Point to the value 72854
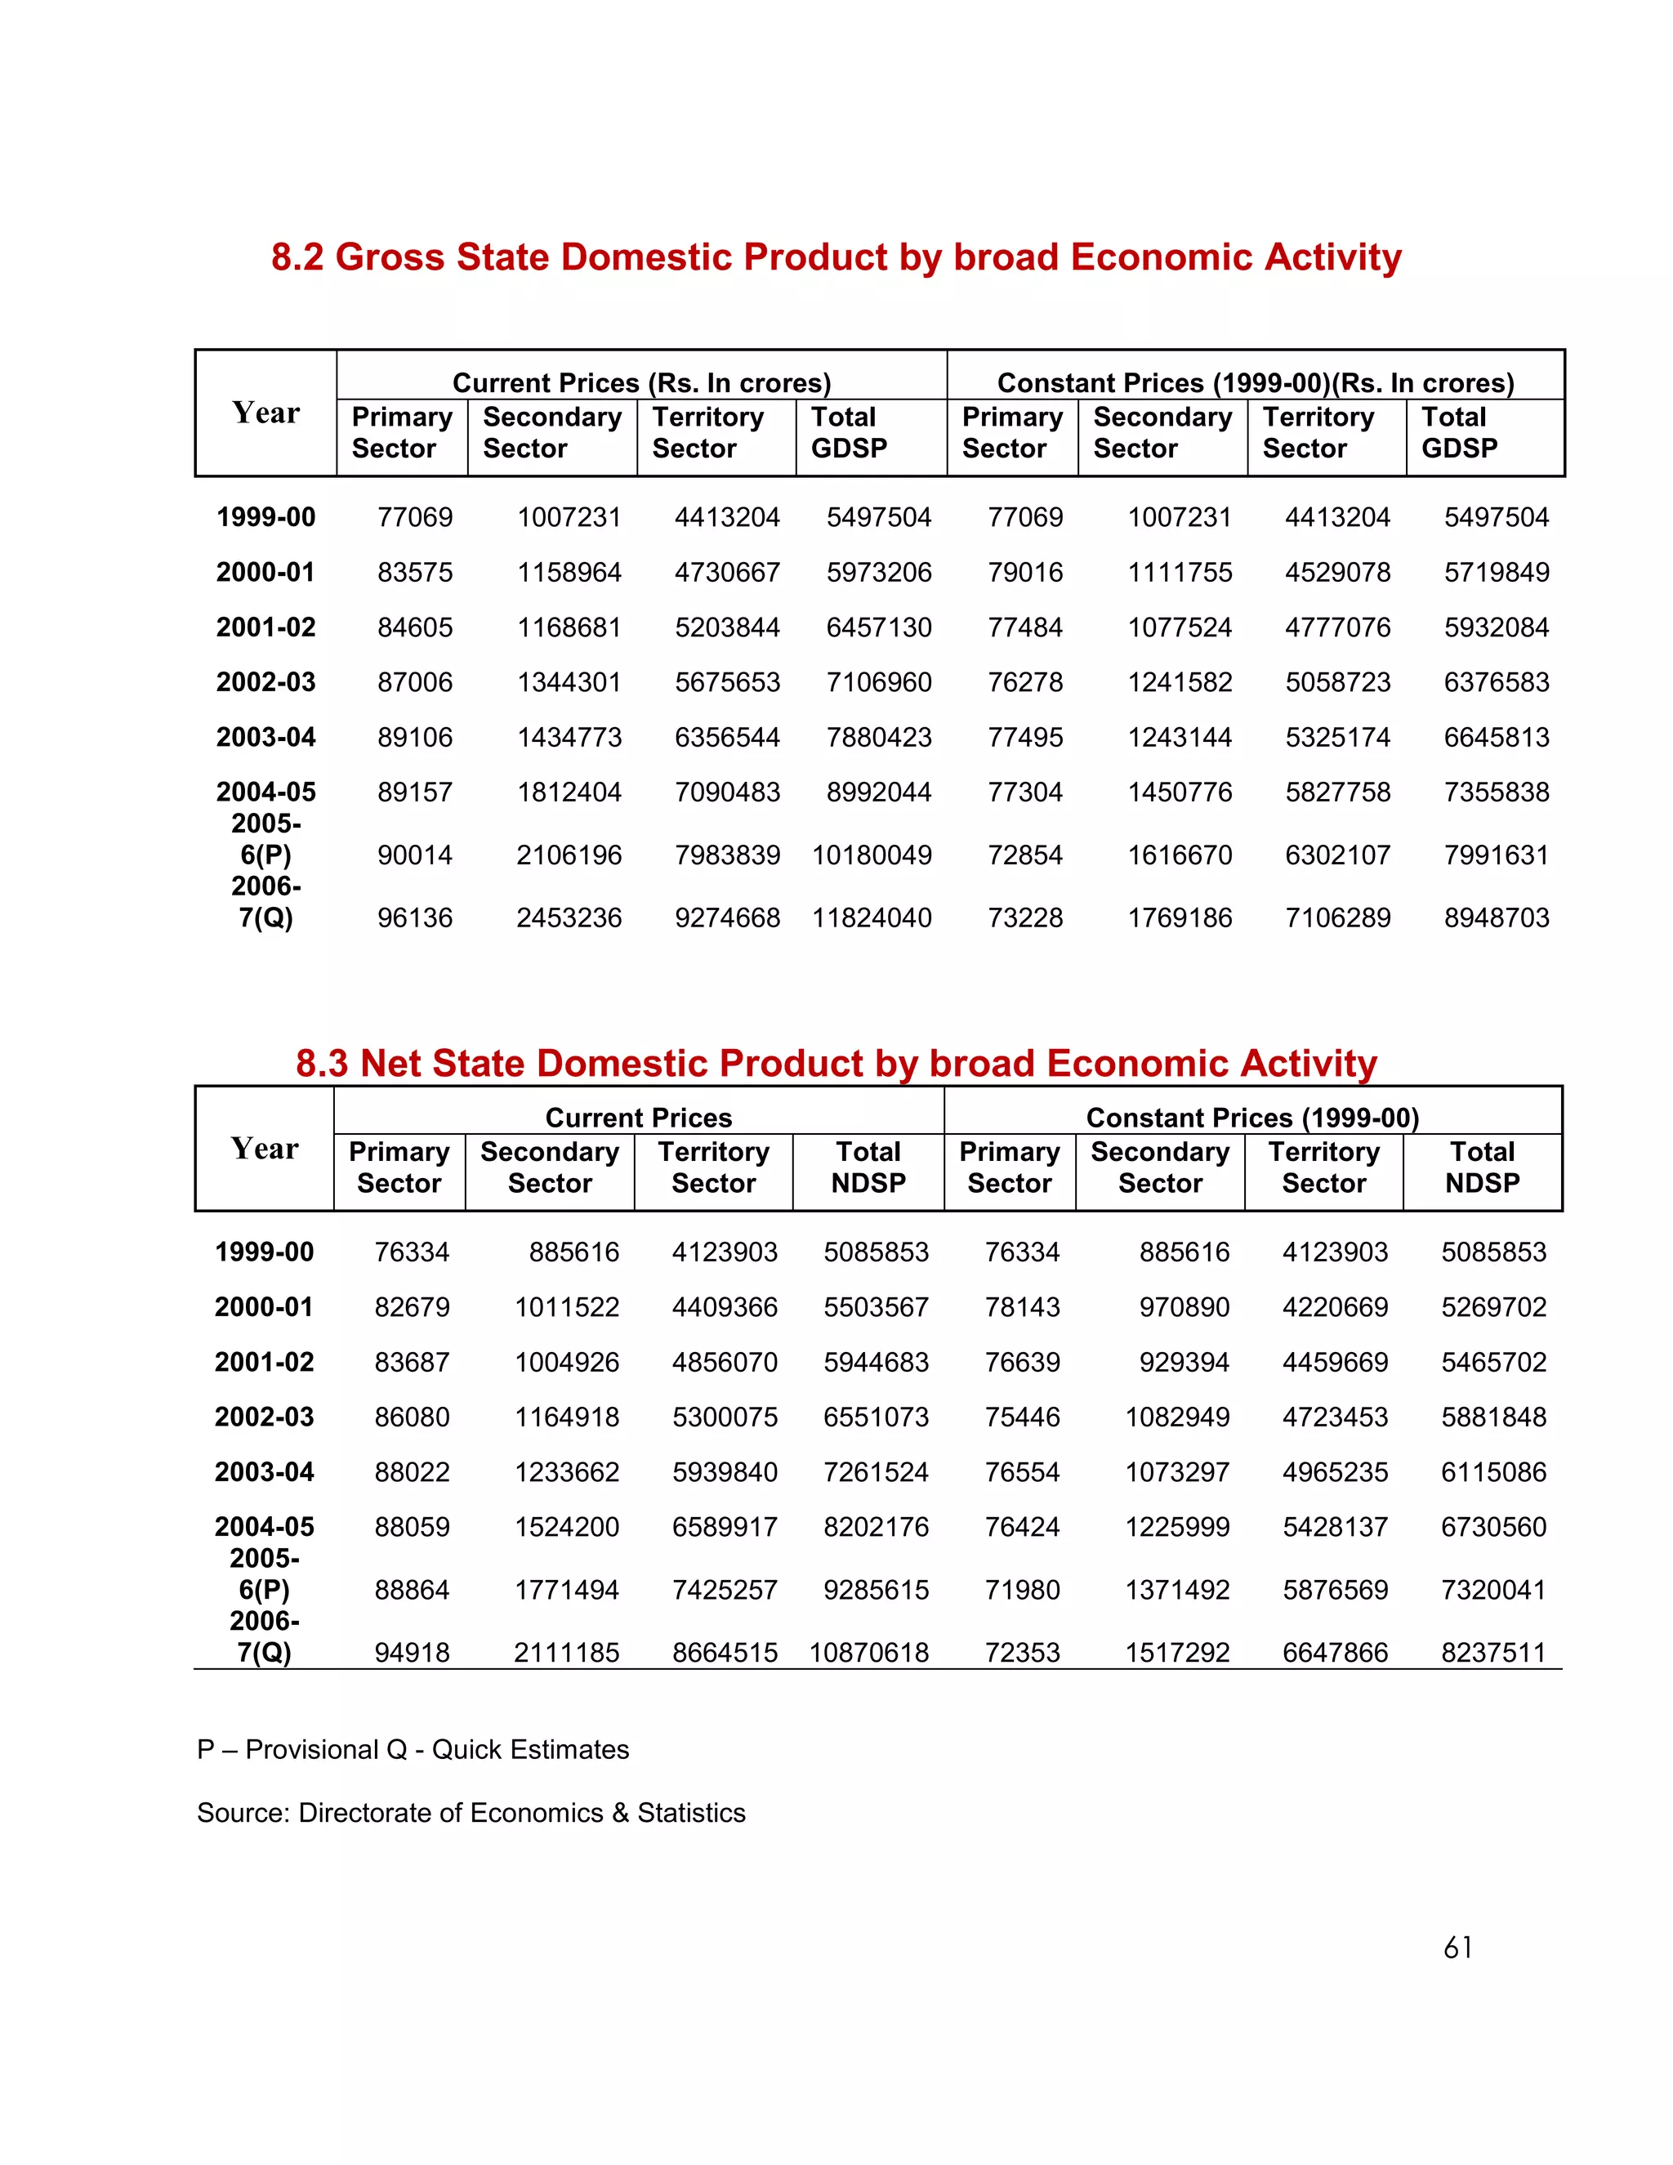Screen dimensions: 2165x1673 click(x=1025, y=855)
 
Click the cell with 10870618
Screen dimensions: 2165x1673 click(x=868, y=1653)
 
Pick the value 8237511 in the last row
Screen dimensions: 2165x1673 click(x=1493, y=1653)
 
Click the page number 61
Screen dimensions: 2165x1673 click(x=1457, y=1948)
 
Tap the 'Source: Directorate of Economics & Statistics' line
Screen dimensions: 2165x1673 click(x=471, y=1812)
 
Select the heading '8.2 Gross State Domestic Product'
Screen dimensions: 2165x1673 click(x=836, y=257)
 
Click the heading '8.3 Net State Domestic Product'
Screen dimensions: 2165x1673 click(x=836, y=1063)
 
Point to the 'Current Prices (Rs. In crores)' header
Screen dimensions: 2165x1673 click(x=641, y=382)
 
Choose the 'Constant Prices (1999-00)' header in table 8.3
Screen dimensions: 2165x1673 click(x=1253, y=1117)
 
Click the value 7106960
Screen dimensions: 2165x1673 click(x=878, y=682)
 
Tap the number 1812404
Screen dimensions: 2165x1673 click(x=569, y=792)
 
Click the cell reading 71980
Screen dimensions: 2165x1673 click(x=1022, y=1590)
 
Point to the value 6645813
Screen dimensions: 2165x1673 click(x=1496, y=737)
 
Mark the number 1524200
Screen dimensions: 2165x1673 click(x=566, y=1527)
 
